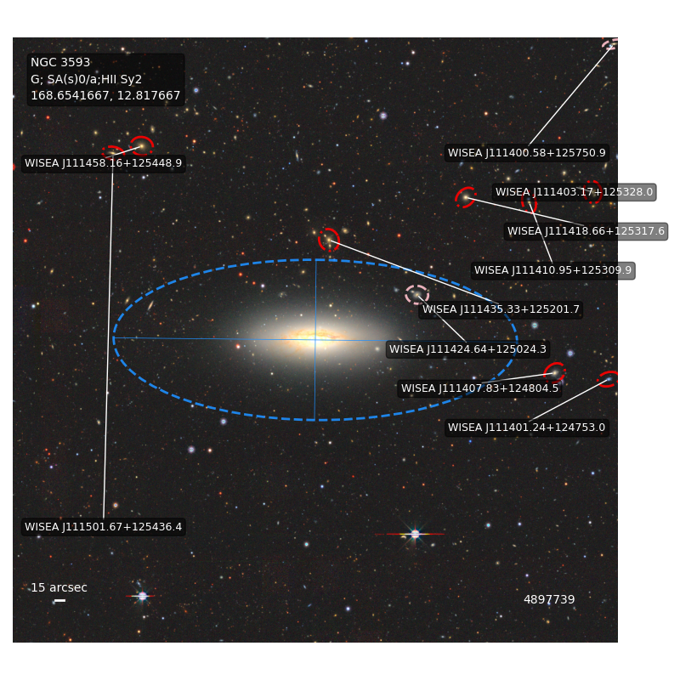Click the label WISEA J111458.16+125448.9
[x=103, y=163]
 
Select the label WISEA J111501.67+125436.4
[x=103, y=527]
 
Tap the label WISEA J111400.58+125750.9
[x=526, y=153]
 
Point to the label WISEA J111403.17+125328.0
[x=575, y=192]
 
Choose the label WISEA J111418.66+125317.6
[x=586, y=231]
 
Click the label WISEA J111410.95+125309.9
[x=553, y=270]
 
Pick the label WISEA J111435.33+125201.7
[x=501, y=309]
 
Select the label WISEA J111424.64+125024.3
[x=468, y=349]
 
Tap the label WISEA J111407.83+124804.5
[x=479, y=388]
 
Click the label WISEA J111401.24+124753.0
[x=526, y=428]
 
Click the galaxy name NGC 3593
[x=60, y=62]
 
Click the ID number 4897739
[x=549, y=599]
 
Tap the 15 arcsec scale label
[x=59, y=587]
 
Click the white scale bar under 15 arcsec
[x=59, y=601]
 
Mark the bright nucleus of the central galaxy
[x=315, y=338]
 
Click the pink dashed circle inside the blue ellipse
[x=416, y=295]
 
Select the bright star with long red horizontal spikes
[x=415, y=534]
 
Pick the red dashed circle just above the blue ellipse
[x=329, y=240]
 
